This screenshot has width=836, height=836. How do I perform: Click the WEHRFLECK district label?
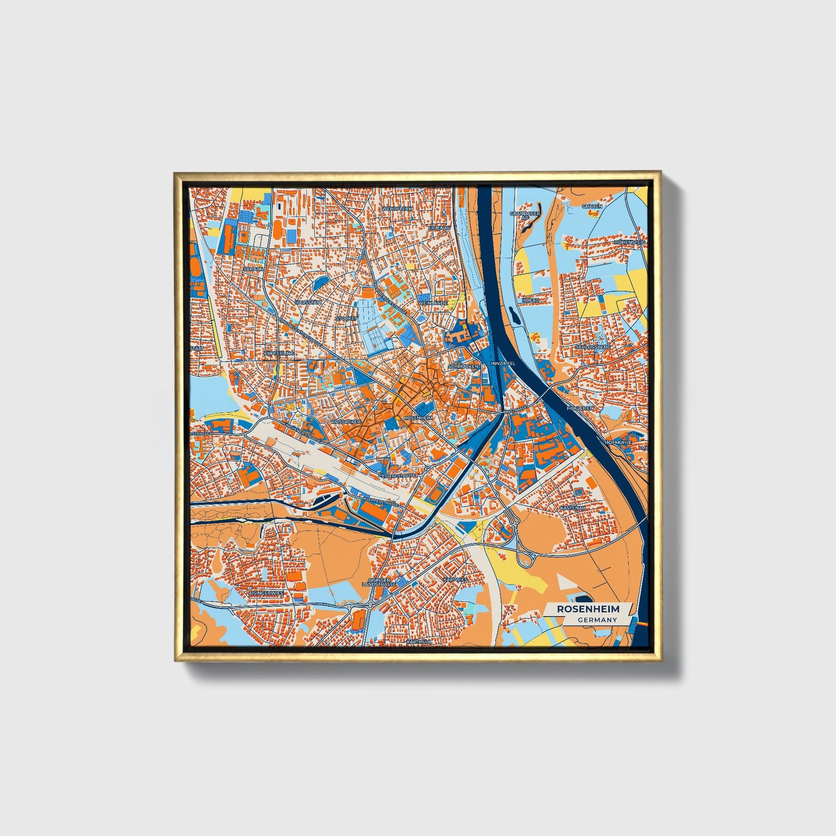pyautogui.click(x=397, y=208)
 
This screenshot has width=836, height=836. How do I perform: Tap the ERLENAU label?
pyautogui.click(x=439, y=228)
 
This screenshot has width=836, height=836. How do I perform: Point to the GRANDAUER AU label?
pyautogui.click(x=525, y=215)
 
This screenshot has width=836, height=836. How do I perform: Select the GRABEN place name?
pyautogui.click(x=592, y=206)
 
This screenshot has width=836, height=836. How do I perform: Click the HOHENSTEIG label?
pyautogui.click(x=629, y=242)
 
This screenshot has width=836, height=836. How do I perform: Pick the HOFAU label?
pyautogui.click(x=530, y=301)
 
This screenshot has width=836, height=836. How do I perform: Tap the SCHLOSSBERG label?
pyautogui.click(x=592, y=347)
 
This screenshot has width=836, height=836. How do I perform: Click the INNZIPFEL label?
pyautogui.click(x=502, y=363)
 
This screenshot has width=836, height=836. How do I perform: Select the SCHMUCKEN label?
pyautogui.click(x=463, y=367)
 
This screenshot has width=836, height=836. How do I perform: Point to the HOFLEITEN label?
pyautogui.click(x=580, y=408)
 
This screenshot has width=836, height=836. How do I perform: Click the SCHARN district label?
pyautogui.click(x=253, y=269)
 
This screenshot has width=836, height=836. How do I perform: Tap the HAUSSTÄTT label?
pyautogui.click(x=307, y=303)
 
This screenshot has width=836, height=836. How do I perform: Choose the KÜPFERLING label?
pyautogui.click(x=278, y=353)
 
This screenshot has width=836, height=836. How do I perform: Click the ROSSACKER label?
pyautogui.click(x=346, y=422)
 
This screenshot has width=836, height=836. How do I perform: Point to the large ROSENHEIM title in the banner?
pyautogui.click(x=588, y=609)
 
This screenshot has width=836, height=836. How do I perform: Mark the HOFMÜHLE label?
pyautogui.click(x=618, y=442)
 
